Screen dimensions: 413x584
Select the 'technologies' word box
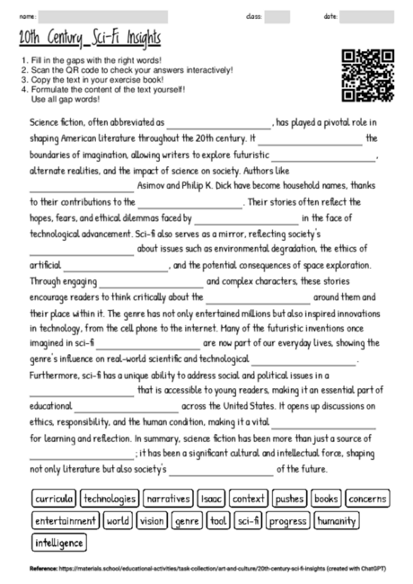pyautogui.click(x=109, y=498)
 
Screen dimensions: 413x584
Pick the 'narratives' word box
pyautogui.click(x=168, y=498)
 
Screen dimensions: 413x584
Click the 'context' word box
pyautogui.click(x=249, y=498)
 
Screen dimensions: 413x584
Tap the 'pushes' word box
pyautogui.click(x=289, y=498)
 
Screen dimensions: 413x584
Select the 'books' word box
pyautogui.click(x=326, y=498)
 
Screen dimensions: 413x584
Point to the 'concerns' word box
pyautogui.click(x=366, y=498)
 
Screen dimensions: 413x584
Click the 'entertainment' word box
pyautogui.click(x=66, y=520)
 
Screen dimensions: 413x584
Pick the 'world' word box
pyautogui.click(x=119, y=520)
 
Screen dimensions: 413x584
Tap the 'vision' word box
pyautogui.click(x=153, y=520)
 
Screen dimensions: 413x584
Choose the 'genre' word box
pyautogui.click(x=187, y=520)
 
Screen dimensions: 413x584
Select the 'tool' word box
pyautogui.click(x=218, y=520)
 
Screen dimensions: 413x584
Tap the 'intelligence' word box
pyautogui.click(x=59, y=543)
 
